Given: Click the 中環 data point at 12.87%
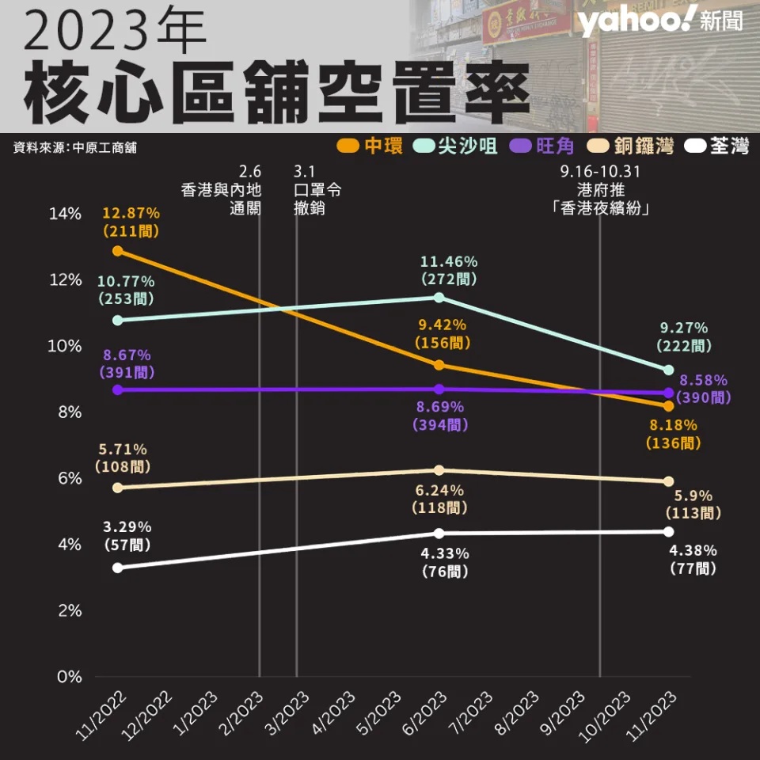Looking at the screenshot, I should coord(118,251).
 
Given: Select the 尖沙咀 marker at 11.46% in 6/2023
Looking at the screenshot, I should coord(439,298).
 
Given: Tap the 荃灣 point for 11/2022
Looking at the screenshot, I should coord(118,568).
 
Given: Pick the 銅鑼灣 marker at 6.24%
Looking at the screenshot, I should coord(439,470).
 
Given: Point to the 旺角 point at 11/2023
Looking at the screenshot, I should coord(668,393).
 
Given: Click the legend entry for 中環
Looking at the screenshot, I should coord(370,146).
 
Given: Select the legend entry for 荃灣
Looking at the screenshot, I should coord(717,146).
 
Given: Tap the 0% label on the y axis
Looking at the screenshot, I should coord(70,677).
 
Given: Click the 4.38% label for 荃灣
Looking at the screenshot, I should coord(693,550).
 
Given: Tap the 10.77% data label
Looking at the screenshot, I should coord(126,281).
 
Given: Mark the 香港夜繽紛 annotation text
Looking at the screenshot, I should coord(599,208).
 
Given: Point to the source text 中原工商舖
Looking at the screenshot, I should coord(75,148).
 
